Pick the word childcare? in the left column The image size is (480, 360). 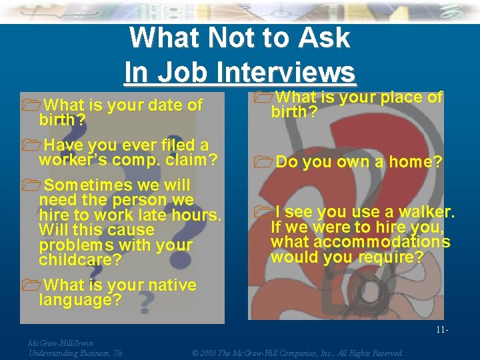(x=79, y=260)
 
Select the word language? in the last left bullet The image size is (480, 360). (x=80, y=301)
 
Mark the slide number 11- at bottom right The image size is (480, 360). (x=441, y=330)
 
